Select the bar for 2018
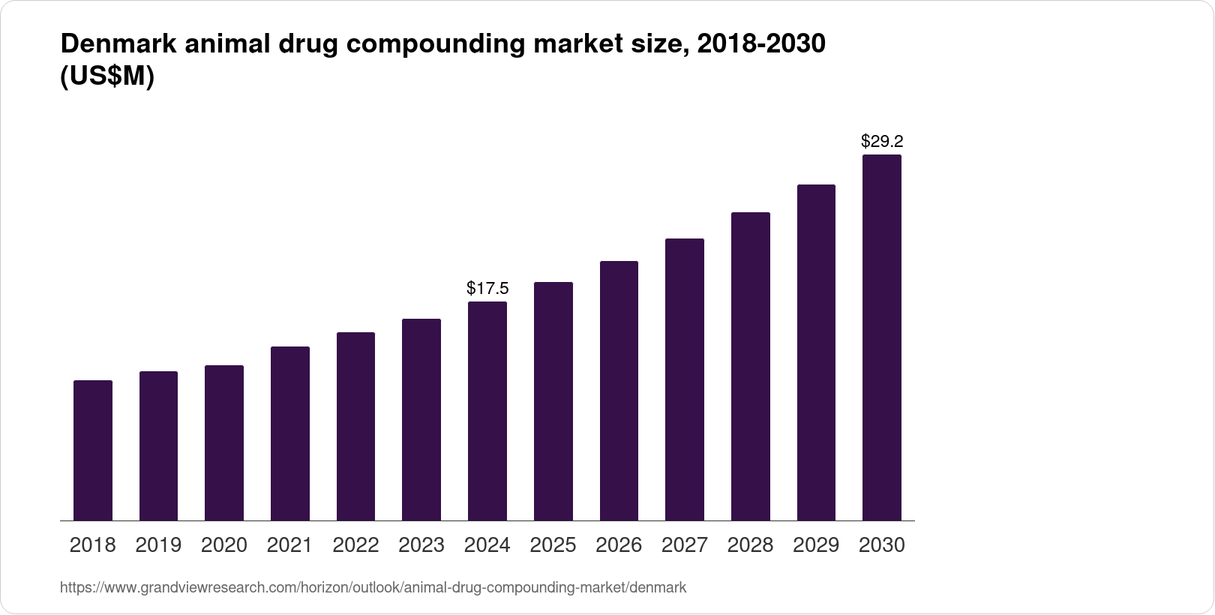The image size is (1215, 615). pyautogui.click(x=93, y=450)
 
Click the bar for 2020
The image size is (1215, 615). pyautogui.click(x=224, y=442)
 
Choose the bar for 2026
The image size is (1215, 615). pyautogui.click(x=619, y=391)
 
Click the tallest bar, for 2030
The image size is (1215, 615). pyautogui.click(x=881, y=337)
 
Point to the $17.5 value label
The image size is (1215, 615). pyautogui.click(x=487, y=288)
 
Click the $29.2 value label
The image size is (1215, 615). pyautogui.click(x=881, y=141)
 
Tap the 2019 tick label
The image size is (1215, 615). pyautogui.click(x=158, y=545)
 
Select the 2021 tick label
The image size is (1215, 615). pyautogui.click(x=290, y=545)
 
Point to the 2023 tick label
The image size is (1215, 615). pyautogui.click(x=421, y=545)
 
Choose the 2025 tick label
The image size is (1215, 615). pyautogui.click(x=553, y=545)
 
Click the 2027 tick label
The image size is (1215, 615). pyautogui.click(x=685, y=545)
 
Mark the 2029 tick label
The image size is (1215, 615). pyautogui.click(x=816, y=545)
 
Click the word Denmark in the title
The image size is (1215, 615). pyautogui.click(x=118, y=44)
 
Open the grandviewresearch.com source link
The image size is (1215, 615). pyautogui.click(x=373, y=587)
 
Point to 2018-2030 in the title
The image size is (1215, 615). pyautogui.click(x=760, y=44)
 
